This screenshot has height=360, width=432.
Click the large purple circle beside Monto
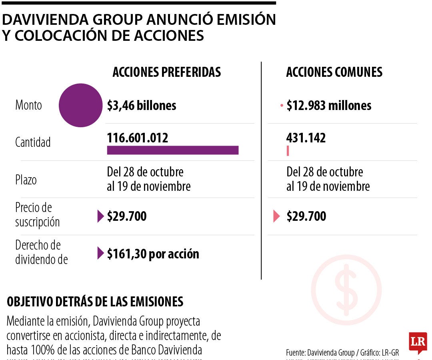pyautogui.click(x=80, y=105)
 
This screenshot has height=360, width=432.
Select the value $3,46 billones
pyautogui.click(x=142, y=106)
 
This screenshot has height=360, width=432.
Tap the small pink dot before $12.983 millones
pyautogui.click(x=282, y=106)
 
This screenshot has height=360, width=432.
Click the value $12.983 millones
pyautogui.click(x=329, y=106)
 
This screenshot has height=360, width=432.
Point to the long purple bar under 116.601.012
pyautogui.click(x=172, y=150)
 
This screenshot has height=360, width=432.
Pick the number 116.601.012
pyautogui.click(x=138, y=138)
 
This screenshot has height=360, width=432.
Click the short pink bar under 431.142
pyautogui.click(x=288, y=151)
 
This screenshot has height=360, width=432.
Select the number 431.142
pyautogui.click(x=306, y=138)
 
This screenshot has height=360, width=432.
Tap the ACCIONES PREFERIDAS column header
pyautogui.click(x=167, y=72)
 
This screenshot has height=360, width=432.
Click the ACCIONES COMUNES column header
pyautogui.click(x=334, y=72)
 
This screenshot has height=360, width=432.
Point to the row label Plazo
pyautogui.click(x=26, y=180)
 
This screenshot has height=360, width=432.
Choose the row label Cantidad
pyautogui.click(x=33, y=142)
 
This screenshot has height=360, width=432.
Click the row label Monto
pyautogui.click(x=28, y=106)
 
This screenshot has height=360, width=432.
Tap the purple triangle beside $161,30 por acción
pyautogui.click(x=100, y=253)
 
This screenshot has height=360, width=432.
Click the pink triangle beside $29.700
pyautogui.click(x=276, y=216)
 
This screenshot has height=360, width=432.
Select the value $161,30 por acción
pyautogui.click(x=153, y=254)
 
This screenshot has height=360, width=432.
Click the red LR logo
pyautogui.click(x=418, y=342)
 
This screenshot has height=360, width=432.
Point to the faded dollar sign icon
pyautogui.click(x=346, y=290)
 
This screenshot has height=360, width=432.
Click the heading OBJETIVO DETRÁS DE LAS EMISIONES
pyautogui.click(x=95, y=302)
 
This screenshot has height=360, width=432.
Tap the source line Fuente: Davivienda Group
pyautogui.click(x=342, y=352)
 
